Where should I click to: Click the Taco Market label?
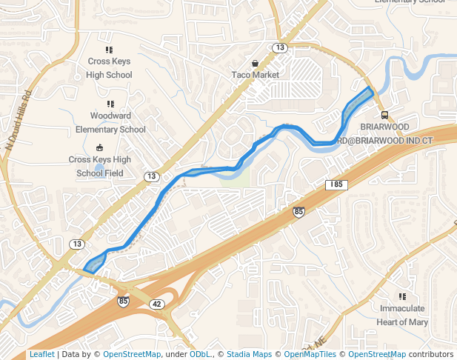[255, 75]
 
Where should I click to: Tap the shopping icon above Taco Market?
[255, 64]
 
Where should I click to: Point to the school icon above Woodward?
[110, 104]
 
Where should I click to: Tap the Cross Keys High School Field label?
[99, 166]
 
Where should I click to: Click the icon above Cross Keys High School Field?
[99, 147]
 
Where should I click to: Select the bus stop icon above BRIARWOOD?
[384, 115]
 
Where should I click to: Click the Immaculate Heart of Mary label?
[402, 315]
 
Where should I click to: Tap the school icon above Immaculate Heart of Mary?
[402, 296]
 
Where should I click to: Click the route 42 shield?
[156, 304]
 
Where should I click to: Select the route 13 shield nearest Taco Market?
[279, 47]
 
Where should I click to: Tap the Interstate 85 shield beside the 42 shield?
[123, 301]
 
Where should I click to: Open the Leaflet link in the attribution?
[41, 354]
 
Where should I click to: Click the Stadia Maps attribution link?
[249, 354]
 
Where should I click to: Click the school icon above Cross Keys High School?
[109, 50]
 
